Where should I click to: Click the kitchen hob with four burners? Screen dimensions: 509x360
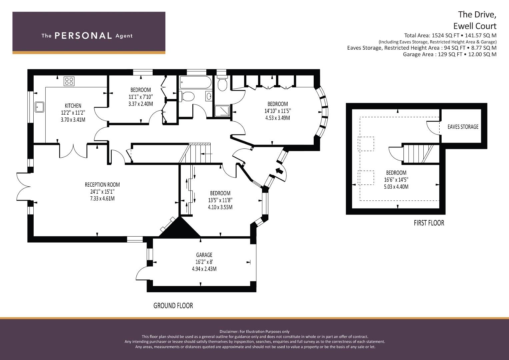tap(69, 81)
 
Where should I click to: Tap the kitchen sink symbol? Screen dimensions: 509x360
tap(40, 107)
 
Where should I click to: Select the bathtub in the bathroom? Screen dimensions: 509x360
tap(195, 82)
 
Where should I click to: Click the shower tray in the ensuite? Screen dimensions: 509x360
tap(222, 111)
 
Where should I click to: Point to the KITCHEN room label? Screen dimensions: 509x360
tap(73, 106)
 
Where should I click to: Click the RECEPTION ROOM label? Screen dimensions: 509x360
tap(102, 185)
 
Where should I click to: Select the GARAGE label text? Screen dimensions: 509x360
tap(204, 255)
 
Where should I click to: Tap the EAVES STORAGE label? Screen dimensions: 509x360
tap(463, 127)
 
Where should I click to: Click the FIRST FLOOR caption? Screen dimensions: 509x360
tap(429, 223)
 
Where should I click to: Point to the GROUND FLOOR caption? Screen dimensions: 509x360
tap(173, 306)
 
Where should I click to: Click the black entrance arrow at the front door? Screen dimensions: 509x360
tap(279, 171)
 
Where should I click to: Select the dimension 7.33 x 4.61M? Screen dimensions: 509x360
tap(102, 198)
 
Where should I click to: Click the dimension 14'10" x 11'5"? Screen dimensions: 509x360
tap(278, 111)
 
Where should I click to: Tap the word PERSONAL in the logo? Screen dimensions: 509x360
tap(83, 36)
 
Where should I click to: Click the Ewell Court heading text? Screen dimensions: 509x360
tap(475, 26)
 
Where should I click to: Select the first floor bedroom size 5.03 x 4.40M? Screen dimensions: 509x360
tap(396, 187)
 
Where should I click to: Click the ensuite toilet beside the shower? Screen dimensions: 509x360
tap(223, 84)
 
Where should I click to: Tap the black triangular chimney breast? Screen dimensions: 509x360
tap(179, 227)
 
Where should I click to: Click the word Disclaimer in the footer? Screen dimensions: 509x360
tap(229, 332)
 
